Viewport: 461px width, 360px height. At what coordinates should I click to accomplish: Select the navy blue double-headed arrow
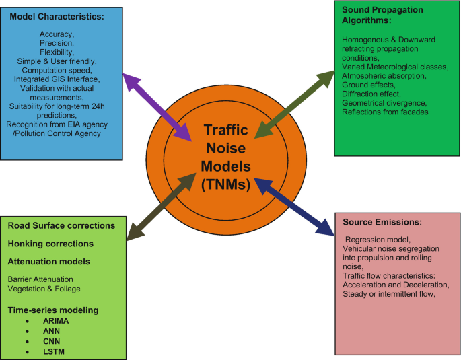297,209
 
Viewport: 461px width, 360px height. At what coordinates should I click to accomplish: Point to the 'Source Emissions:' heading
382,222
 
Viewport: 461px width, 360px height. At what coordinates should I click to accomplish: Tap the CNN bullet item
52,343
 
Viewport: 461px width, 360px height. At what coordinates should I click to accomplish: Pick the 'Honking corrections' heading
50,244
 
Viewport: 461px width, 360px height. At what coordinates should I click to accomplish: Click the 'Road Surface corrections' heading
61,225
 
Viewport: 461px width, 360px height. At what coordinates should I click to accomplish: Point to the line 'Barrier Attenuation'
40,278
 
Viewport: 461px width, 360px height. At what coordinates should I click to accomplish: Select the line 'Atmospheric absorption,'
384,76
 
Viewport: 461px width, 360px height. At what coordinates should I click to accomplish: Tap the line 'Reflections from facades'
385,112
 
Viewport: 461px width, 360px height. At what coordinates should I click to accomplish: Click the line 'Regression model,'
375,240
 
